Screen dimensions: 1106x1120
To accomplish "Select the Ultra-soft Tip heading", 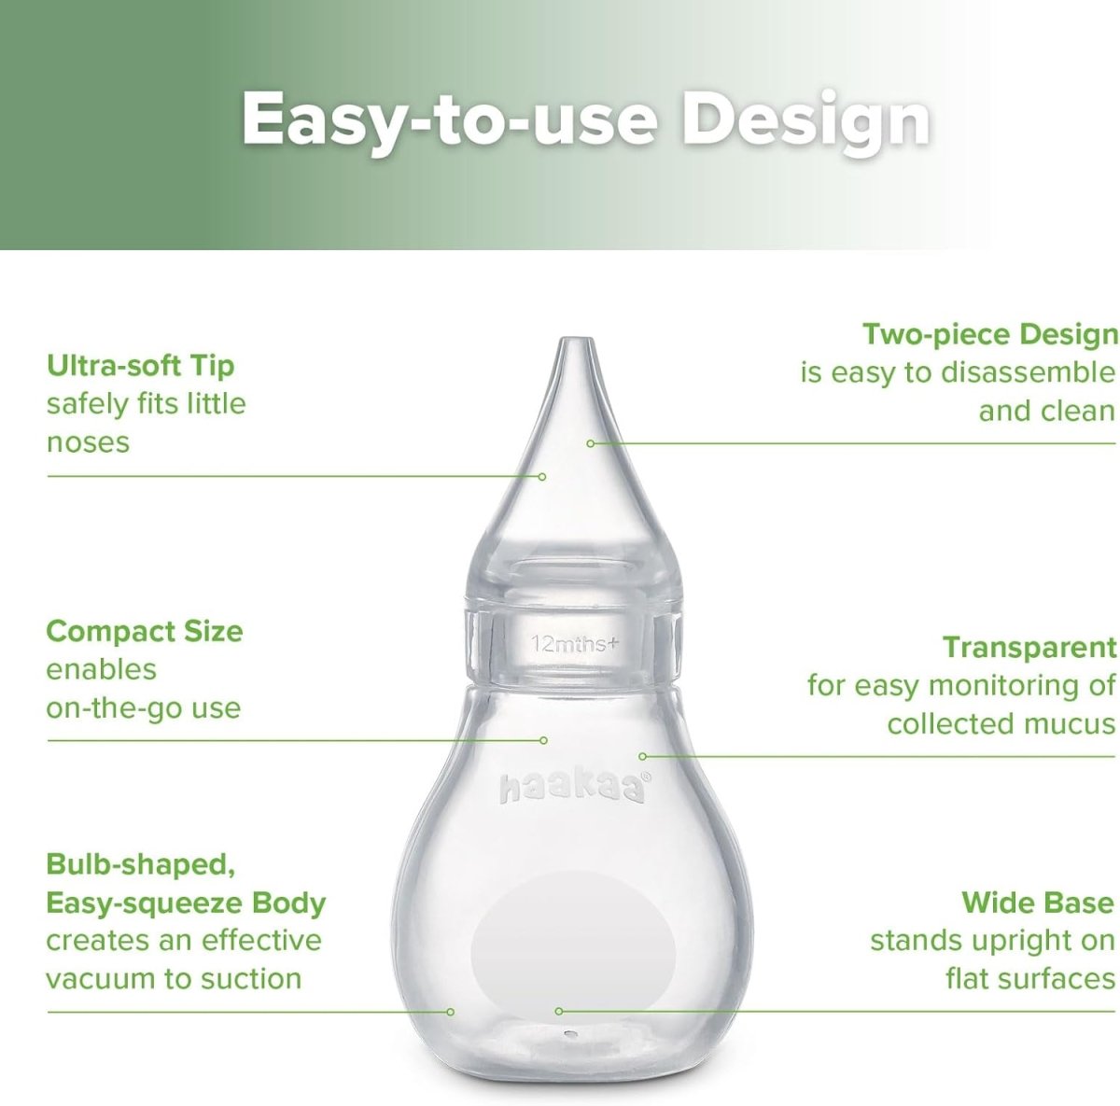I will pyautogui.click(x=140, y=365).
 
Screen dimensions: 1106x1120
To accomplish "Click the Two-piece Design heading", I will pyautogui.click(x=989, y=334).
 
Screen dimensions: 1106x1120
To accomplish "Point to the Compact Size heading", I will pyautogui.click(x=144, y=631).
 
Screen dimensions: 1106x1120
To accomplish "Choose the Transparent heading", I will pyautogui.click(x=1029, y=647).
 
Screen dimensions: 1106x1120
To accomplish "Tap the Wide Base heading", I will pyautogui.click(x=1037, y=903).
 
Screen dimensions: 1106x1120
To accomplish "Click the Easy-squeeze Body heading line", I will pyautogui.click(x=186, y=903).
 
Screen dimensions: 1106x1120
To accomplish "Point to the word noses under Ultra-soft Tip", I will pyautogui.click(x=88, y=442).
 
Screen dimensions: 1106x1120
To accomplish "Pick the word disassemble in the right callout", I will pyautogui.click(x=1028, y=372).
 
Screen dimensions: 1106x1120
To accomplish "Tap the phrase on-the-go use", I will pyautogui.click(x=143, y=707).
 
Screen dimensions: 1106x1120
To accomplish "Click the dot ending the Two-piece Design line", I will pyautogui.click(x=590, y=443).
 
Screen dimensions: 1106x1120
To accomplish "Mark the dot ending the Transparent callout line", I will pyautogui.click(x=642, y=756).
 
